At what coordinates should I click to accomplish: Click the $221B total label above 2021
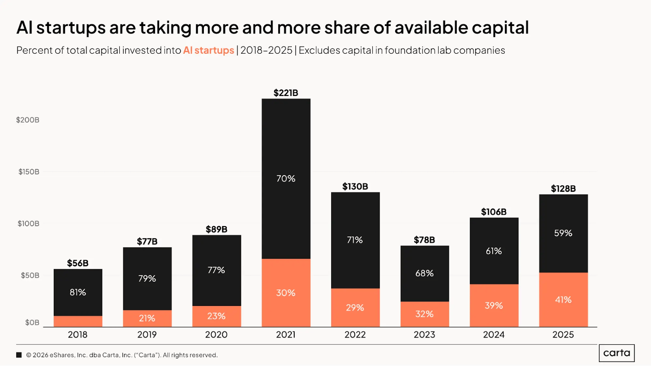pos(286,93)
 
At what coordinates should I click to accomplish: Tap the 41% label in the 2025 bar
pos(563,300)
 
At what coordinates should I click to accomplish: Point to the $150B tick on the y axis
pos(28,172)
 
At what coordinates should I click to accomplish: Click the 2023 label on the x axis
pos(424,335)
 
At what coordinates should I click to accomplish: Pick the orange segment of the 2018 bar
pos(78,321)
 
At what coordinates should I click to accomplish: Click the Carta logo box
pos(616,353)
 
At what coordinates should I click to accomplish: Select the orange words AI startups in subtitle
pos(208,50)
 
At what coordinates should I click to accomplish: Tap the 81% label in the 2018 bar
pos(78,292)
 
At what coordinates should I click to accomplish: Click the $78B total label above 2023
pos(424,240)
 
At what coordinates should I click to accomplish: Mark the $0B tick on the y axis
pos(32,322)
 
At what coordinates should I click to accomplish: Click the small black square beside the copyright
pos(19,355)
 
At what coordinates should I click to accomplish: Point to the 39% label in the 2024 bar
pos(494,305)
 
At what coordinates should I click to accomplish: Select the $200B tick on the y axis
pos(28,120)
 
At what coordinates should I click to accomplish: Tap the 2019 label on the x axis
pos(147,335)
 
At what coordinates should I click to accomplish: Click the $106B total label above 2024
pos(494,212)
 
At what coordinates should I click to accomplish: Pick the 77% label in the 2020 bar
pos(216,270)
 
